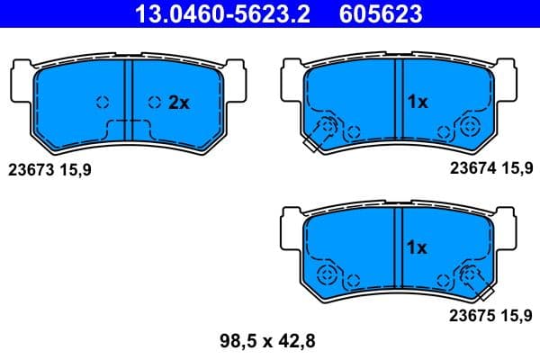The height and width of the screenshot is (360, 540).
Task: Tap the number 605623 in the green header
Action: (x=379, y=14)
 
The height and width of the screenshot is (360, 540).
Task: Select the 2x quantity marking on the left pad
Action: (x=179, y=103)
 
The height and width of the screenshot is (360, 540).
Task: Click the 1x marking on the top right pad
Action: (x=416, y=103)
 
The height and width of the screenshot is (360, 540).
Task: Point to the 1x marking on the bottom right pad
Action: (x=416, y=247)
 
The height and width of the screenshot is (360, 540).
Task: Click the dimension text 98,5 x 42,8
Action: (x=268, y=341)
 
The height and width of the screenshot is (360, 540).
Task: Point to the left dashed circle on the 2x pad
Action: (x=102, y=102)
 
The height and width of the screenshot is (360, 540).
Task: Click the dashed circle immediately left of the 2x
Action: (x=155, y=102)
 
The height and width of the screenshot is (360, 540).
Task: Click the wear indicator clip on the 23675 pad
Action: (x=479, y=285)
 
